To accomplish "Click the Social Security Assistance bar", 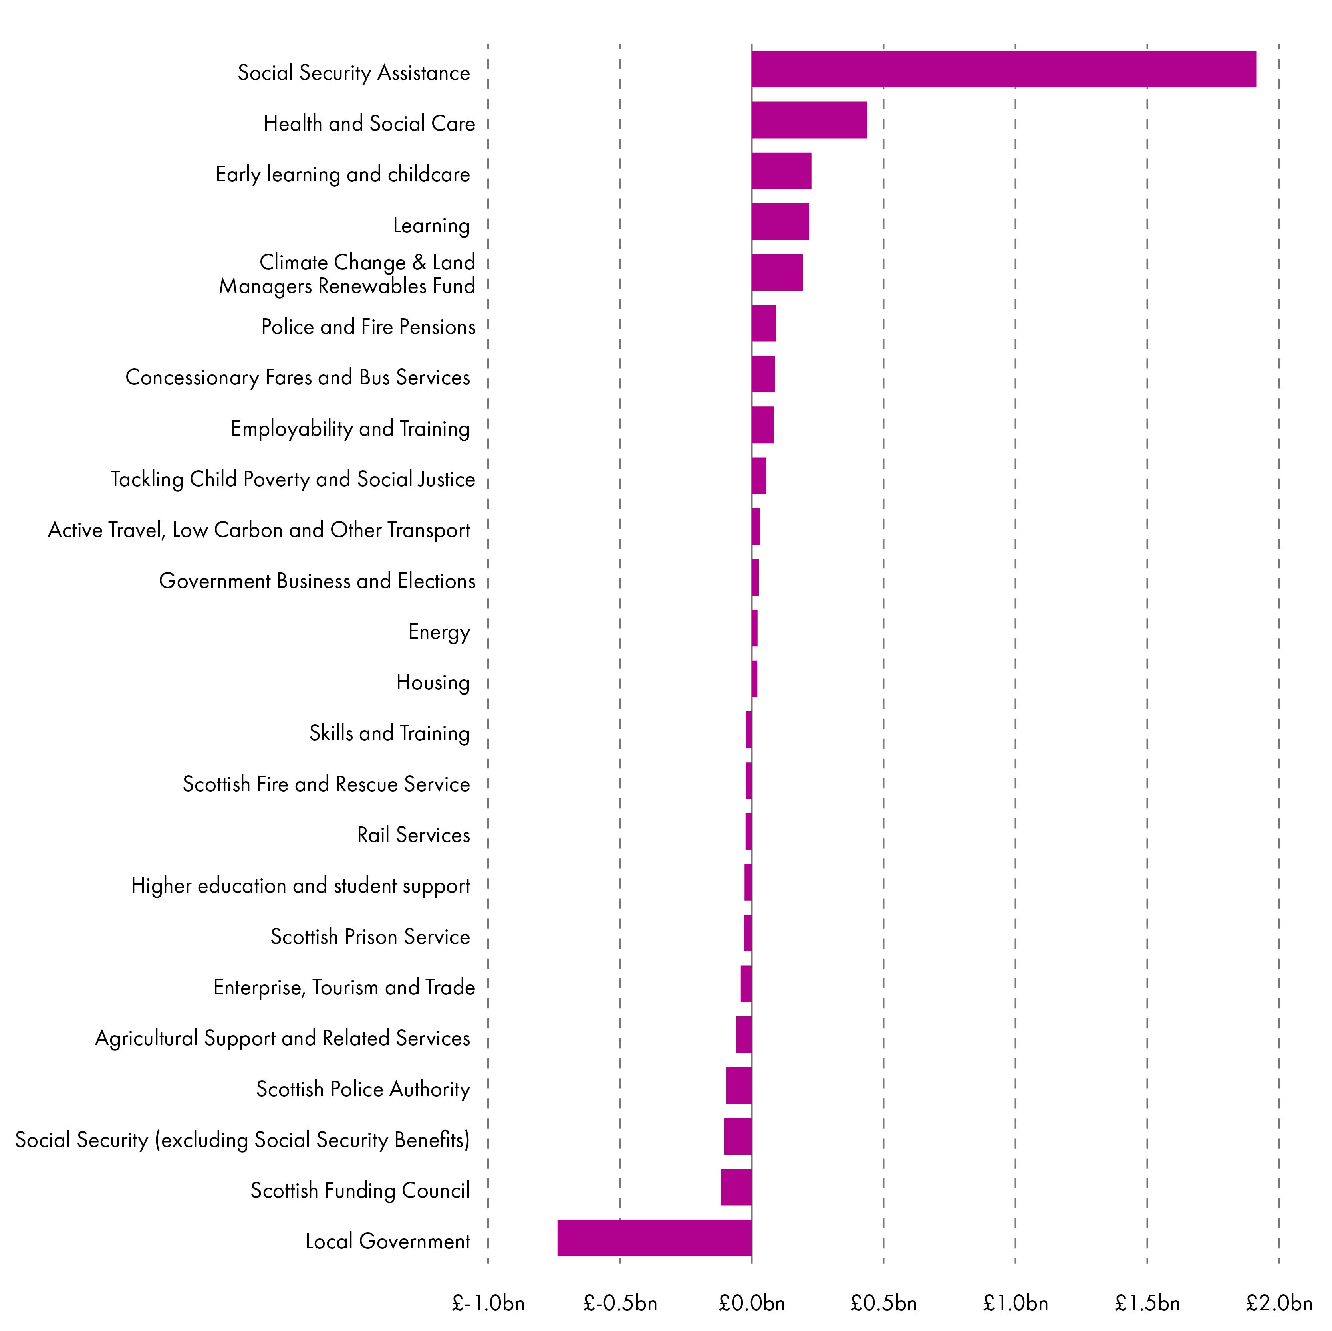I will [x=1003, y=69].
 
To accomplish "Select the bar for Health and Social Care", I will [x=809, y=120].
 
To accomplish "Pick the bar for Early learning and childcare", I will [x=781, y=171].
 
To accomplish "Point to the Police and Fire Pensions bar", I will [x=763, y=323].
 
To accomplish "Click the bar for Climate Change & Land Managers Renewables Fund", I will [x=777, y=272].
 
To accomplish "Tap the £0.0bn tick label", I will [x=752, y=1303].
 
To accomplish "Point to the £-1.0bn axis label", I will [x=488, y=1303].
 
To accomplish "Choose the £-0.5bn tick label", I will [x=620, y=1303].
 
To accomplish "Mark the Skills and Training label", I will [x=389, y=733].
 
